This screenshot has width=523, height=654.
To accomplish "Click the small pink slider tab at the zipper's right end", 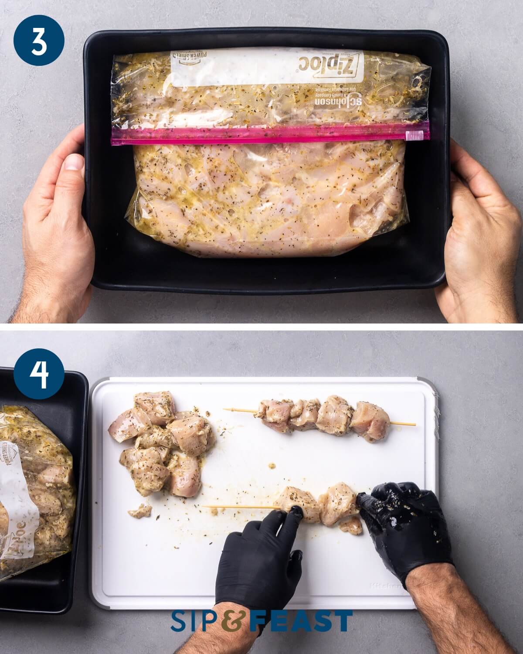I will (408, 136).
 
